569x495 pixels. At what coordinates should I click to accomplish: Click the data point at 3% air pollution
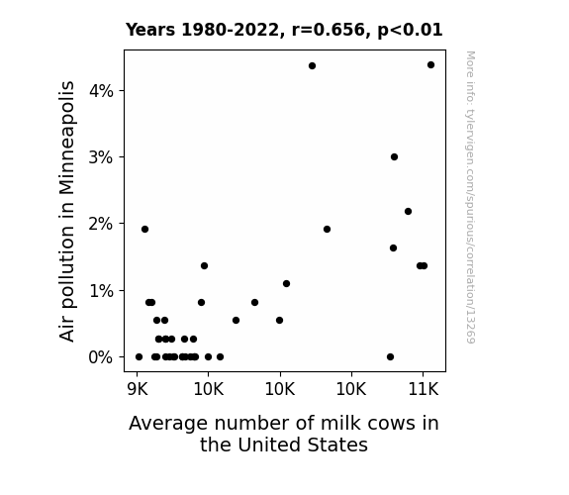click(394, 156)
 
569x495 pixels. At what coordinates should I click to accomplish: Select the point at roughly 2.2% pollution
click(408, 211)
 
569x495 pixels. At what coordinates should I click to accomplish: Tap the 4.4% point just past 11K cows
click(430, 65)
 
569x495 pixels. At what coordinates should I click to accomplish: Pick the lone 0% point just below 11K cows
click(390, 357)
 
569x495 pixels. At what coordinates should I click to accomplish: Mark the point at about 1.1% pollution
click(286, 284)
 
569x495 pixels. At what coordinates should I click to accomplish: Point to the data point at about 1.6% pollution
click(393, 248)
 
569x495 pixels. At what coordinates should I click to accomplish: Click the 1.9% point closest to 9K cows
click(144, 229)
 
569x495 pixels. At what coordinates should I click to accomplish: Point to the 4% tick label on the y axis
click(101, 91)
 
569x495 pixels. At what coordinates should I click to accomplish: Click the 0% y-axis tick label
click(101, 357)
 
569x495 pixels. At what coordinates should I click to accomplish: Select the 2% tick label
click(101, 224)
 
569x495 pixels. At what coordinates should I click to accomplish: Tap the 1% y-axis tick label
click(101, 291)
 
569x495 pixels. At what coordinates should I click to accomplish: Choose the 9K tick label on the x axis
click(138, 389)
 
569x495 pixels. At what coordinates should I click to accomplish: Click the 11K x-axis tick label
click(424, 389)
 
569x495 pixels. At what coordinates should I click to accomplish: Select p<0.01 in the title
click(410, 31)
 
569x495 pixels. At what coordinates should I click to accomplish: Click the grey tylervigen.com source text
click(470, 197)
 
